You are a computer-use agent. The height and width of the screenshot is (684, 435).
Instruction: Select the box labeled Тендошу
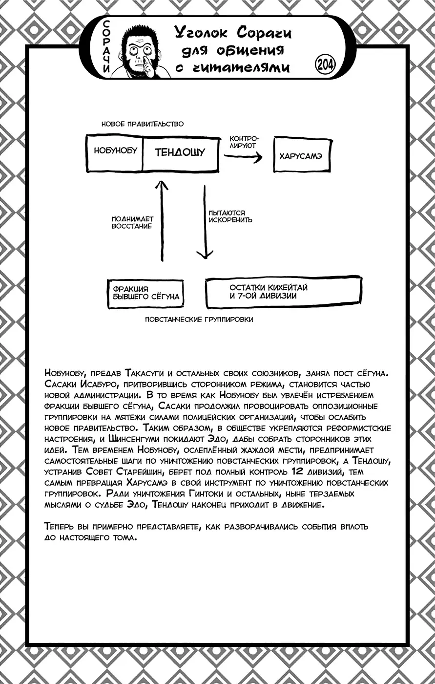coord(180,152)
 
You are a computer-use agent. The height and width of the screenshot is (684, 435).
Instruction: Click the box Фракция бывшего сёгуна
coord(145,293)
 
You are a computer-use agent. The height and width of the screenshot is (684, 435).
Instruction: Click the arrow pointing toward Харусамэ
coord(243,157)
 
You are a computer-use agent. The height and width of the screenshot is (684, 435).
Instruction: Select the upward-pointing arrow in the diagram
coord(161,220)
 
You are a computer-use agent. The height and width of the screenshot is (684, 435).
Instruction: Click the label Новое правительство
coord(142,124)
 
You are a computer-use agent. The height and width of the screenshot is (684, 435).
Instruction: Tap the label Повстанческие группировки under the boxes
coord(199,320)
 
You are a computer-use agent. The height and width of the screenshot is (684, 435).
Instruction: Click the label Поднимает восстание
coord(132,223)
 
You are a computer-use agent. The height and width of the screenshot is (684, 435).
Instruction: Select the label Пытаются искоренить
coord(230,216)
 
